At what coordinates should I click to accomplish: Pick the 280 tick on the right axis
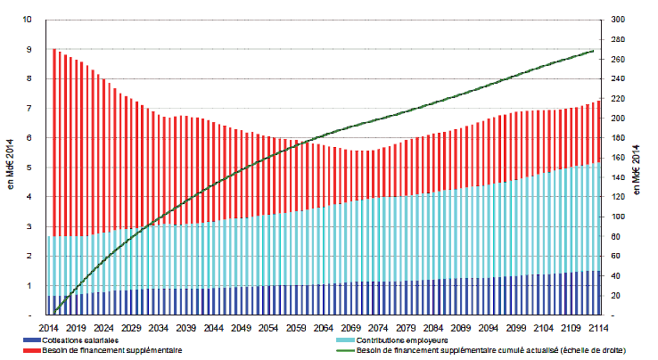tap(616, 39)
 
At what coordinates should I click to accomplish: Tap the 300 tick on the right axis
tap(616, 20)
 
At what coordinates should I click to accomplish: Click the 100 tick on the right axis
tap(616, 217)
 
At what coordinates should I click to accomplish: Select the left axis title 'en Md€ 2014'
tap(10, 168)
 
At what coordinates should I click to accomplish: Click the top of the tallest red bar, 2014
tap(53, 50)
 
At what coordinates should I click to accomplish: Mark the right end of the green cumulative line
tap(595, 51)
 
